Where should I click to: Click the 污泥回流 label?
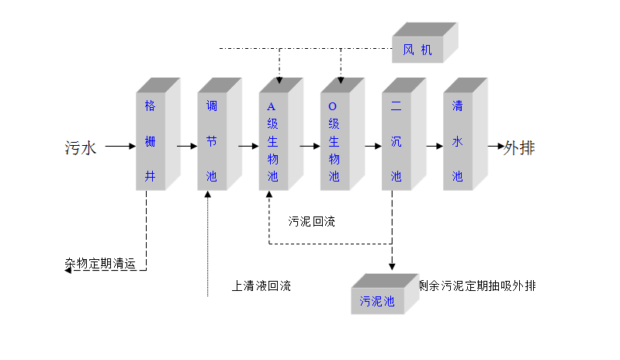(x=312, y=221)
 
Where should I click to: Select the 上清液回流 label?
(x=262, y=286)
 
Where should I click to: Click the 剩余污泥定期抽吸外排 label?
(x=477, y=286)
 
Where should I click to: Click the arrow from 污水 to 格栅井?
(x=120, y=146)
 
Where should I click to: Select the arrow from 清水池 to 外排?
(x=495, y=146)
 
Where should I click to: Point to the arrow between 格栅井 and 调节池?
(x=187, y=146)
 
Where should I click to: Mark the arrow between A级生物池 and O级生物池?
(x=310, y=146)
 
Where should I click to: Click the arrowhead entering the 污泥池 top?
(x=391, y=267)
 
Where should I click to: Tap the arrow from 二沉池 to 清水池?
(x=433, y=146)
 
